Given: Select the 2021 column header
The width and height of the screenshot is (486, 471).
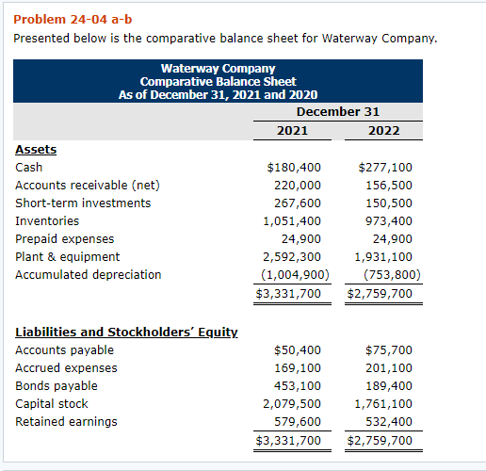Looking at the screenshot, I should pos(293,130).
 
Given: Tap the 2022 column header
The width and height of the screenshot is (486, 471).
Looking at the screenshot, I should pos(384,130).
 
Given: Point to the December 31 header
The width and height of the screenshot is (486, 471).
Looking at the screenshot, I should pos(338,111).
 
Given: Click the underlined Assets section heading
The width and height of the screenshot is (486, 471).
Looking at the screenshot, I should pos(36,149).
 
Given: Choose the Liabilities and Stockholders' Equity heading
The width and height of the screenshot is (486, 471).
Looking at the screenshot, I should pos(126,332).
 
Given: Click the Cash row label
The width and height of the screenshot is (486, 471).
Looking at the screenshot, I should pos(28,168).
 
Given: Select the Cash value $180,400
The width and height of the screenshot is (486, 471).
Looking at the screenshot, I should pos(294,168).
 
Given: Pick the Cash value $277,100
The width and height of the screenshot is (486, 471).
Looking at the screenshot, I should pos(385,168).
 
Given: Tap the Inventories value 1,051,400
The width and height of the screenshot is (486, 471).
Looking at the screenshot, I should pos(291,221).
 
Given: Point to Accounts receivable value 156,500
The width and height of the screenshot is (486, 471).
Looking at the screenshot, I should pos(388,186).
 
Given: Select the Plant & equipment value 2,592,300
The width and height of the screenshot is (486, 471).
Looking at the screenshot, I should pos(291,257).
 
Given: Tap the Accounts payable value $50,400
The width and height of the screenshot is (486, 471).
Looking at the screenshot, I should pos(297,350).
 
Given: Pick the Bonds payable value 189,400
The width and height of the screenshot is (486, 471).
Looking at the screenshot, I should pos(388,386).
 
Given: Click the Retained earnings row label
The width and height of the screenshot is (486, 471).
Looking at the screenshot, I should pos(66,422).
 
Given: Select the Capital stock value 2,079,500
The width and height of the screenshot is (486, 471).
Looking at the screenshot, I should pos(291,404).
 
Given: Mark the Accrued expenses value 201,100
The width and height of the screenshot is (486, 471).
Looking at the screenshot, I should pos(388,368).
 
